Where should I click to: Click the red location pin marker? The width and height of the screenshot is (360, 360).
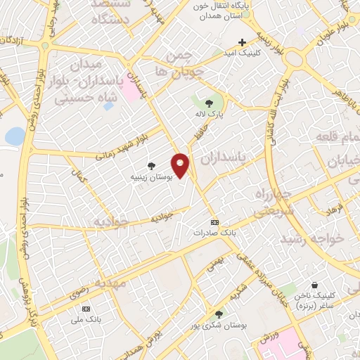(x=181, y=166)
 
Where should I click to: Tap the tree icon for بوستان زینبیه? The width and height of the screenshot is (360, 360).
(x=151, y=165)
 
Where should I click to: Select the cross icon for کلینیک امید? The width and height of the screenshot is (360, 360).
(x=243, y=42)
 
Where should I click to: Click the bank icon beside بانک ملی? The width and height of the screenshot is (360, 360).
(x=86, y=309)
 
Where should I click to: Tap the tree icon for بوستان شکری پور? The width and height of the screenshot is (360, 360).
(x=219, y=314)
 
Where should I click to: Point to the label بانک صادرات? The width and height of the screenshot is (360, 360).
(x=212, y=231)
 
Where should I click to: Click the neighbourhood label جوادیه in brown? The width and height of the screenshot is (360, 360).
(x=112, y=221)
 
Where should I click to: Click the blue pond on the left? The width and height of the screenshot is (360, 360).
(x=14, y=136)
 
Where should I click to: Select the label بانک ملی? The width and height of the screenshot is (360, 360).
(x=84, y=320)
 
